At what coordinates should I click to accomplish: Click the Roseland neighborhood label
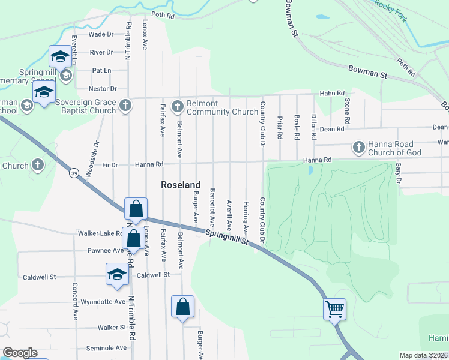click(x=181, y=185)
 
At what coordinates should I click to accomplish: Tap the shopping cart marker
click(x=334, y=310)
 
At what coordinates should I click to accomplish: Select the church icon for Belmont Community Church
click(x=177, y=107)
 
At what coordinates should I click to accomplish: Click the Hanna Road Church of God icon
click(x=358, y=148)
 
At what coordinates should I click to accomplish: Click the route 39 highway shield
click(x=74, y=173)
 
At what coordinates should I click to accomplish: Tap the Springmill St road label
click(x=228, y=238)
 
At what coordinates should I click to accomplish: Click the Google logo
click(x=20, y=353)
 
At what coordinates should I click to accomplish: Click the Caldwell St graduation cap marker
click(x=117, y=275)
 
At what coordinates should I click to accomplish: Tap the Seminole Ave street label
click(x=106, y=348)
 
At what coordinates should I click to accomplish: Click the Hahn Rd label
click(x=332, y=93)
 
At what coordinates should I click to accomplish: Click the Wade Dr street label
click(x=101, y=35)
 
